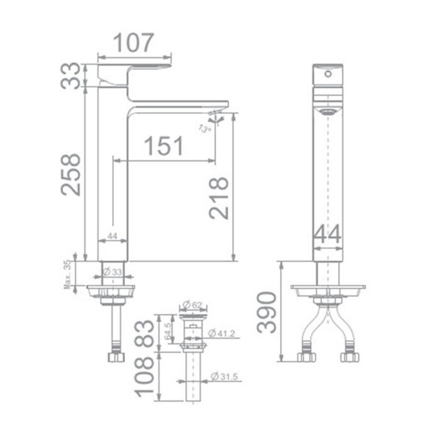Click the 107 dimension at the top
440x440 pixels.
pos(133,43)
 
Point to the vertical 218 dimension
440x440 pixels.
pos(218,198)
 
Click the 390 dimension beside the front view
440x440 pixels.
pos(266,312)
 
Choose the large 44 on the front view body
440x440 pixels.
pos(327,234)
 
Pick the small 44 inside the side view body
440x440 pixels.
pos(113,236)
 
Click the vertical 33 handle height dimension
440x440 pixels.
pos(74,75)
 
